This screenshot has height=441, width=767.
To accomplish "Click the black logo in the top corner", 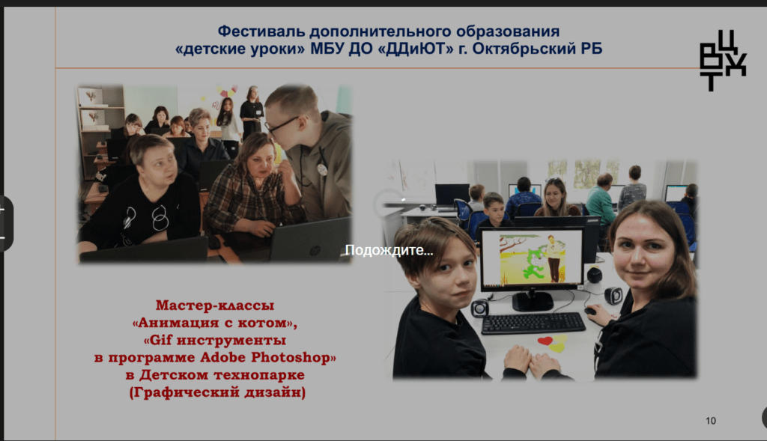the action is (723, 61).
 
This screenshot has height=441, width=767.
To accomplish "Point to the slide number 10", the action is (711, 421).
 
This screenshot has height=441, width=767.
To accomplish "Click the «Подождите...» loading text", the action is (389, 250).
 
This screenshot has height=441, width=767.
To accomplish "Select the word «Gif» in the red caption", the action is (160, 340).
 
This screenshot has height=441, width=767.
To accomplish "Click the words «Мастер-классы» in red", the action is (215, 305).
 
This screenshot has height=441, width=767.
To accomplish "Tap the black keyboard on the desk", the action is (533, 323).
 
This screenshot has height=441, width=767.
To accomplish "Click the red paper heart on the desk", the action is (545, 340).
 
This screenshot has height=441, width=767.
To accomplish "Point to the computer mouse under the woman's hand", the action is (591, 311).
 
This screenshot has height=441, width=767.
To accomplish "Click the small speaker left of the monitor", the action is (479, 308).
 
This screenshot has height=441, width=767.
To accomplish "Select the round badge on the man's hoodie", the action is (321, 169).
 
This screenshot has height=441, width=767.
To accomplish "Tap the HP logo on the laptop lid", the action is (314, 250).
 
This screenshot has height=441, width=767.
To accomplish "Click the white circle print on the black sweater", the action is (160, 218).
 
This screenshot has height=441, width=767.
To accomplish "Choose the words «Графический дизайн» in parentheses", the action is (218, 392).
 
